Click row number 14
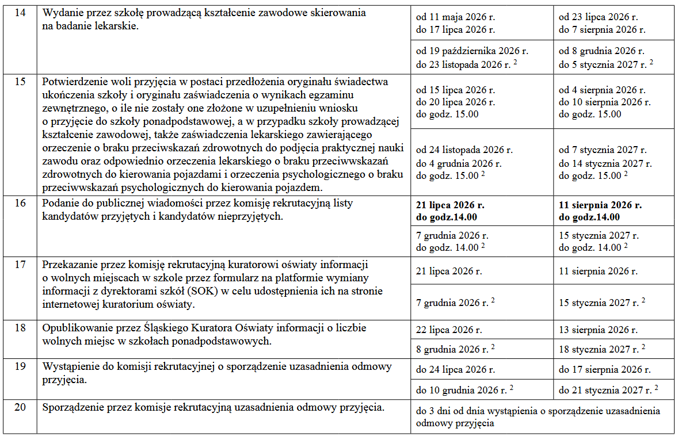point(20,13)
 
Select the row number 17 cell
point(20,265)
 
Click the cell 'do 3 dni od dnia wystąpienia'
point(538,416)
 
